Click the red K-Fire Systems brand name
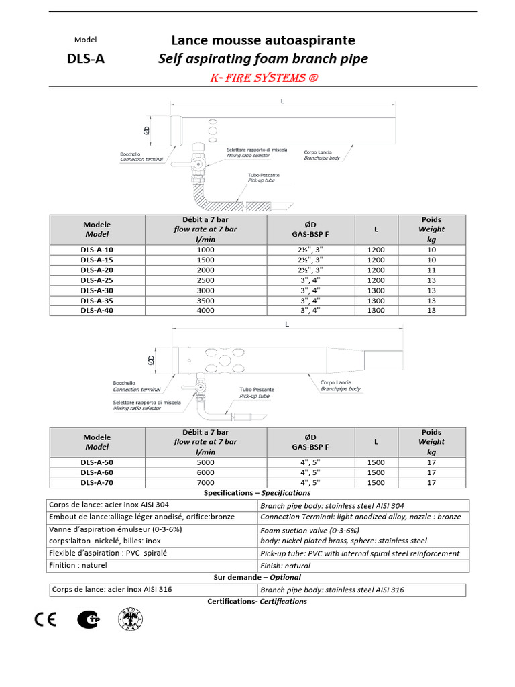click(x=263, y=78)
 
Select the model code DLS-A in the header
click(x=85, y=58)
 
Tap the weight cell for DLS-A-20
click(x=431, y=269)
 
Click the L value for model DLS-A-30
click(x=376, y=290)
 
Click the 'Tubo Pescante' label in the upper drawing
click(x=264, y=175)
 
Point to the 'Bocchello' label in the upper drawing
click(x=130, y=154)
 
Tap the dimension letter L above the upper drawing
click(x=282, y=101)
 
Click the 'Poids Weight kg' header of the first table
click(x=431, y=229)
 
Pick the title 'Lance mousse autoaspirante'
click(x=263, y=41)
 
